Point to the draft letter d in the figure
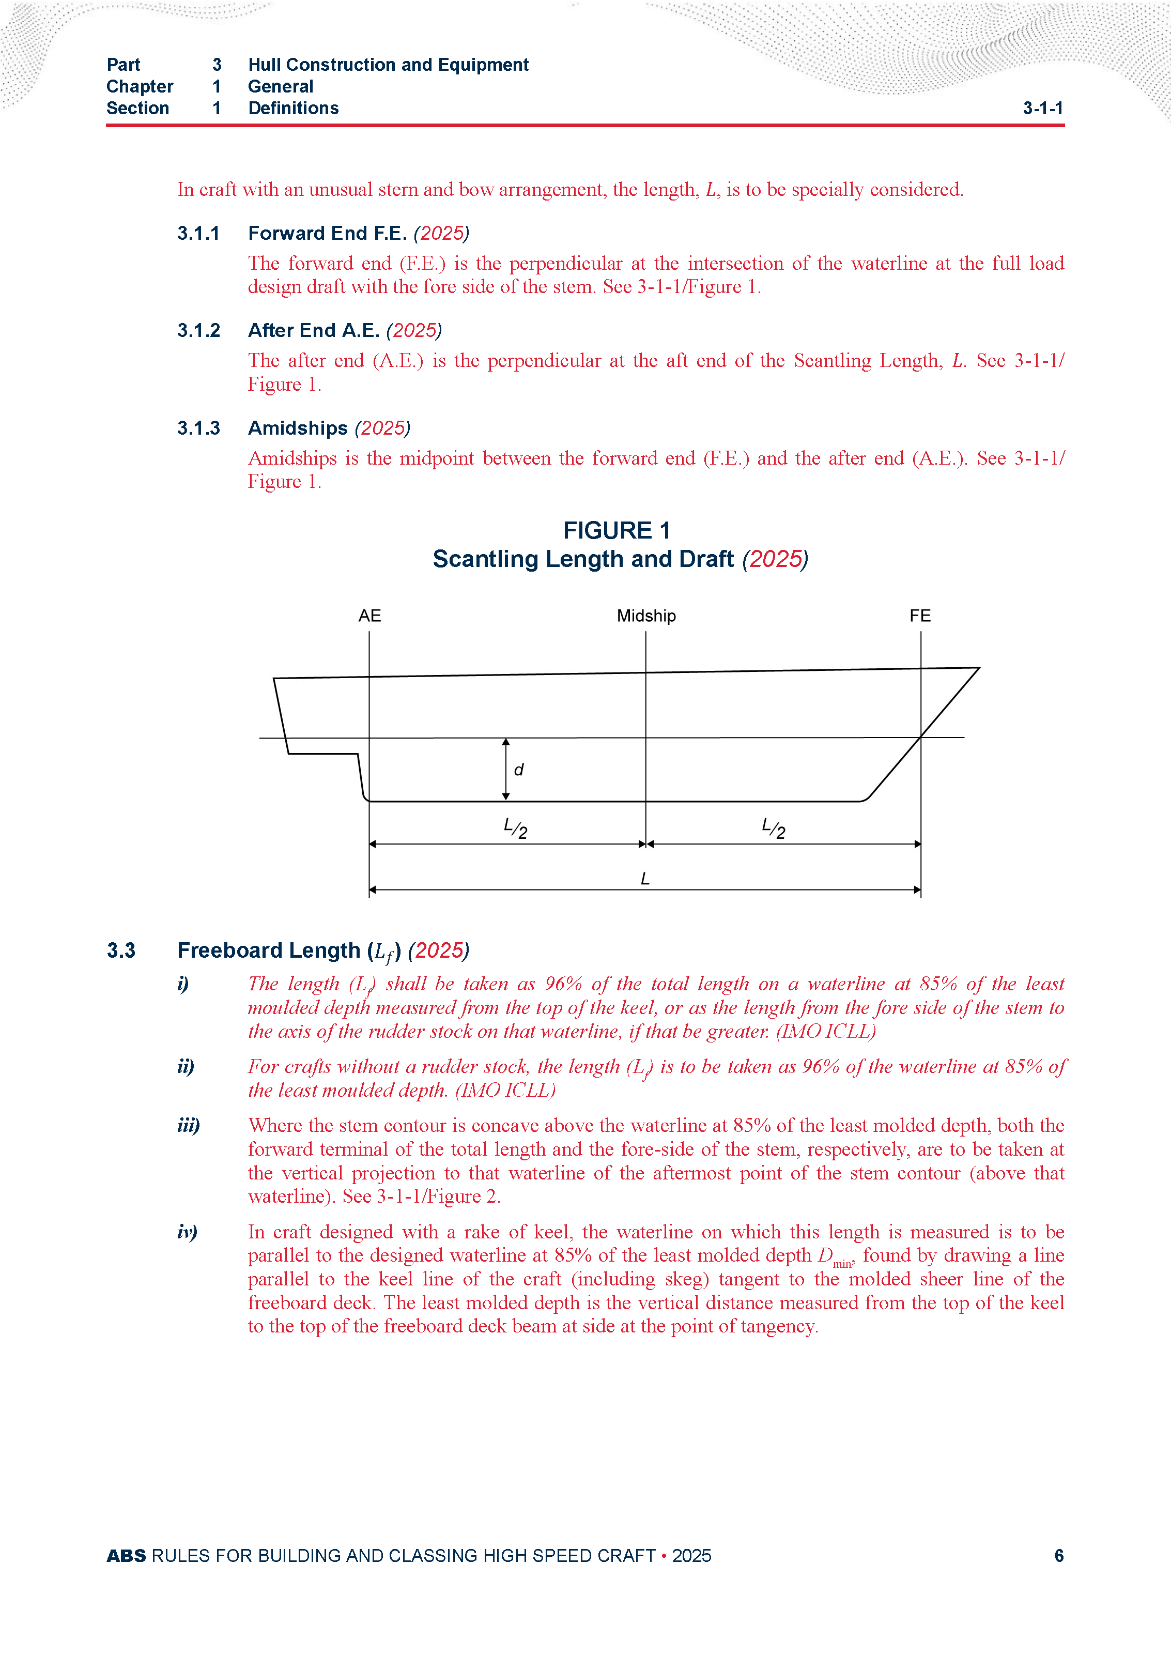[518, 770]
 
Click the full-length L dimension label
[645, 879]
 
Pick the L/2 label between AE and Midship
[516, 828]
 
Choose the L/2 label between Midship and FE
[774, 828]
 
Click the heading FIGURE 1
[617, 530]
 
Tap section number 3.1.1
[198, 233]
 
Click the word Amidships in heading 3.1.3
[298, 428]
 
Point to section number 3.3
[121, 950]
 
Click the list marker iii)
[188, 1125]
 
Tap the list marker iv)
[187, 1231]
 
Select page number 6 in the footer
[1058, 1556]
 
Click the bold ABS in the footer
[126, 1556]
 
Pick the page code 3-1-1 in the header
[1043, 108]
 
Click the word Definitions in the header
[294, 108]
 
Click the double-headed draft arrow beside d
[506, 769]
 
